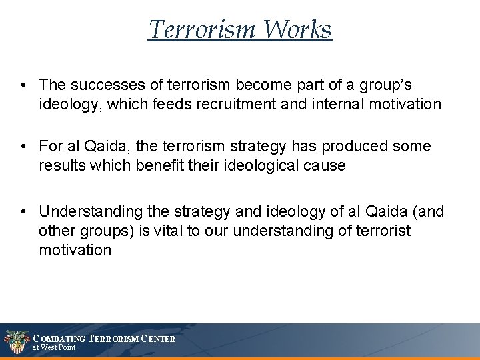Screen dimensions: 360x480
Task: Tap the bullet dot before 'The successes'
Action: point(23,85)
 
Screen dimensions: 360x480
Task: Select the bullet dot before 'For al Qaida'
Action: point(23,146)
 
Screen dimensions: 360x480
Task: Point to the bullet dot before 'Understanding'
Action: point(23,212)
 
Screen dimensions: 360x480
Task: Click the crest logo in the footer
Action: point(15,341)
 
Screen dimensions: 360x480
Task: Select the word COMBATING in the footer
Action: point(59,339)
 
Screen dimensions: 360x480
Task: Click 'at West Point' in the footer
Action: point(55,347)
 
